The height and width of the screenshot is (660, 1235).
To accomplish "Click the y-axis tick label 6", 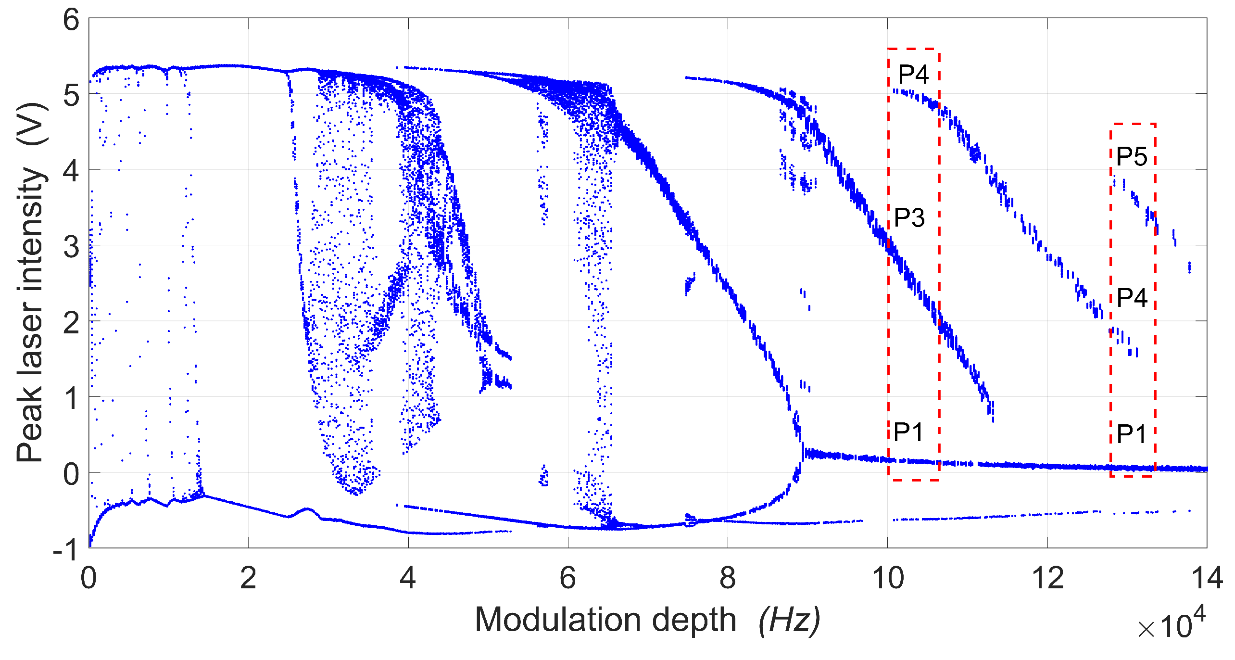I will [x=71, y=21].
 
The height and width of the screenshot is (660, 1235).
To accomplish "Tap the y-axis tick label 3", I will [x=71, y=247].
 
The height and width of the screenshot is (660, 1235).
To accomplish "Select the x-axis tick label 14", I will [x=1207, y=578].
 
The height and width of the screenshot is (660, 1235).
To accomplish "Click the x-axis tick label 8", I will [x=728, y=578].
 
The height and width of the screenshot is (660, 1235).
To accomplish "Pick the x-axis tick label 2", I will [x=248, y=578].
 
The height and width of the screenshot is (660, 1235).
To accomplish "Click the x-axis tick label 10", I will [x=888, y=578].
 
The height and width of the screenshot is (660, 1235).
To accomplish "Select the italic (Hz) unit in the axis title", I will [x=789, y=621].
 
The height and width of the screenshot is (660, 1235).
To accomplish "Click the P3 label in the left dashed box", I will [x=909, y=218].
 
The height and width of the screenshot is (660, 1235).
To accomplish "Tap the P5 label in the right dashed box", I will [x=1132, y=156].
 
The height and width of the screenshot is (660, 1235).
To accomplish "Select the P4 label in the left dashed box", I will [x=913, y=75].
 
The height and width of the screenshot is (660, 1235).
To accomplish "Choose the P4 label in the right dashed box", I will [x=1132, y=298].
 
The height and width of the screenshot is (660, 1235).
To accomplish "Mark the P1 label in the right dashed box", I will [x=1132, y=434].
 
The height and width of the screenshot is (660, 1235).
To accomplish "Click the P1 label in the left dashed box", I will [x=908, y=432].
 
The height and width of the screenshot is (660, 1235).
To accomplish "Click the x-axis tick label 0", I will [x=89, y=578].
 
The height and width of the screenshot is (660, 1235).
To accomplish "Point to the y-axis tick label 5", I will [x=71, y=96].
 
